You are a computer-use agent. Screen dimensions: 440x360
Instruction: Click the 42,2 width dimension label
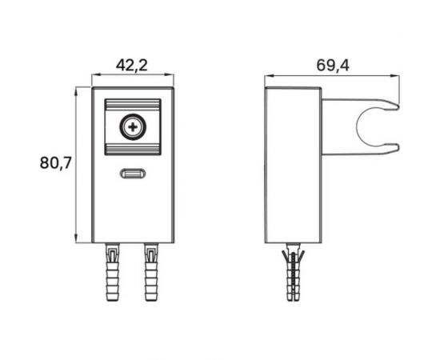tap(132, 66)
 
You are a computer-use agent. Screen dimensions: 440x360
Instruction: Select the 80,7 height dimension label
tap(56, 162)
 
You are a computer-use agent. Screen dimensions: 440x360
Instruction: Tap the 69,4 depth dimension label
tap(333, 66)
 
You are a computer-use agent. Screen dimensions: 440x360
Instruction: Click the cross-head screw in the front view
tap(133, 127)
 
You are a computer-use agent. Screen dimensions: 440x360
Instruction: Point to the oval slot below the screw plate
tap(133, 174)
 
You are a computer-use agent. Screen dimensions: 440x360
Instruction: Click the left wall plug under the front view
tap(113, 272)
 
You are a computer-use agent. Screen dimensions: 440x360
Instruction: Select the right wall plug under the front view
tap(151, 272)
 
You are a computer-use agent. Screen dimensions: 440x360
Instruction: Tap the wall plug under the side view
tap(294, 272)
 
